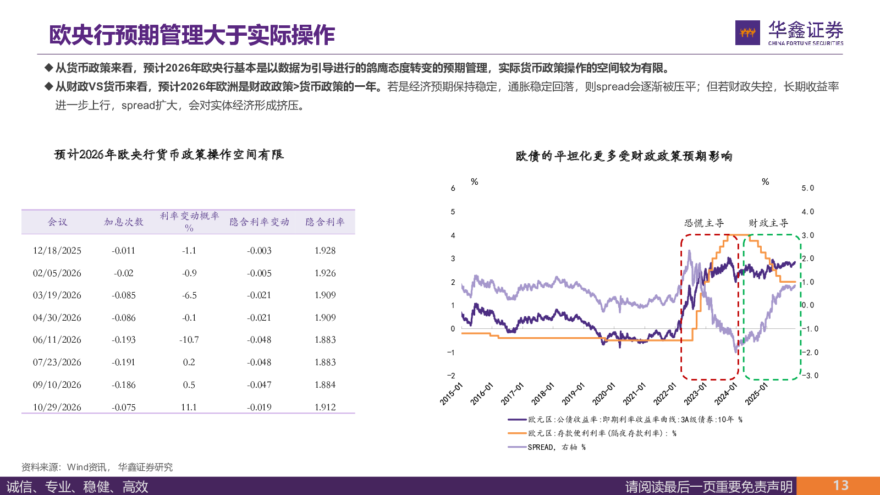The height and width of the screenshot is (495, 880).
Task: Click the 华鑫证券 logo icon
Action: tap(747, 33)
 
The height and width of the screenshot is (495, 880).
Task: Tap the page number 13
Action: tap(840, 486)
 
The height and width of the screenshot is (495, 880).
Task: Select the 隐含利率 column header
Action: tap(325, 222)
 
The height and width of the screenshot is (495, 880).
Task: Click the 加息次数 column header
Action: tap(124, 222)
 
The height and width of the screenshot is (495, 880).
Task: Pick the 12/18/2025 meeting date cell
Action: tap(57, 251)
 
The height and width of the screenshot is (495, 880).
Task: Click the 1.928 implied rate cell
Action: tap(325, 251)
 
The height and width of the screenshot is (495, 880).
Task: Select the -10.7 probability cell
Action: tap(189, 340)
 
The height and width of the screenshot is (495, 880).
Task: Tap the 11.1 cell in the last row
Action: tap(189, 408)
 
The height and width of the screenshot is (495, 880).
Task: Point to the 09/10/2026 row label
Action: tap(57, 385)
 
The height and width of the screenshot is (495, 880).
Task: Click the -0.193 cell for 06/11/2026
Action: tap(124, 340)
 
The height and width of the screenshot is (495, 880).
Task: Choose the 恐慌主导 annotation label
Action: tap(704, 223)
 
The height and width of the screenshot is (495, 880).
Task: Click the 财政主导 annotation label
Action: tap(768, 223)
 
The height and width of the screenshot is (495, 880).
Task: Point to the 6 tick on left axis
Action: tap(453, 188)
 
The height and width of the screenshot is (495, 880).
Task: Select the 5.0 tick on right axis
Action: tap(807, 188)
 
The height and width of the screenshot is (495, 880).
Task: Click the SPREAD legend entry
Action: tap(556, 447)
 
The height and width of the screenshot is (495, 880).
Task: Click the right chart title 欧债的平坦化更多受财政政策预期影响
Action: tap(624, 156)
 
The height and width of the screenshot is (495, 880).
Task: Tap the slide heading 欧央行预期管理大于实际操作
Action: tap(192, 35)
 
